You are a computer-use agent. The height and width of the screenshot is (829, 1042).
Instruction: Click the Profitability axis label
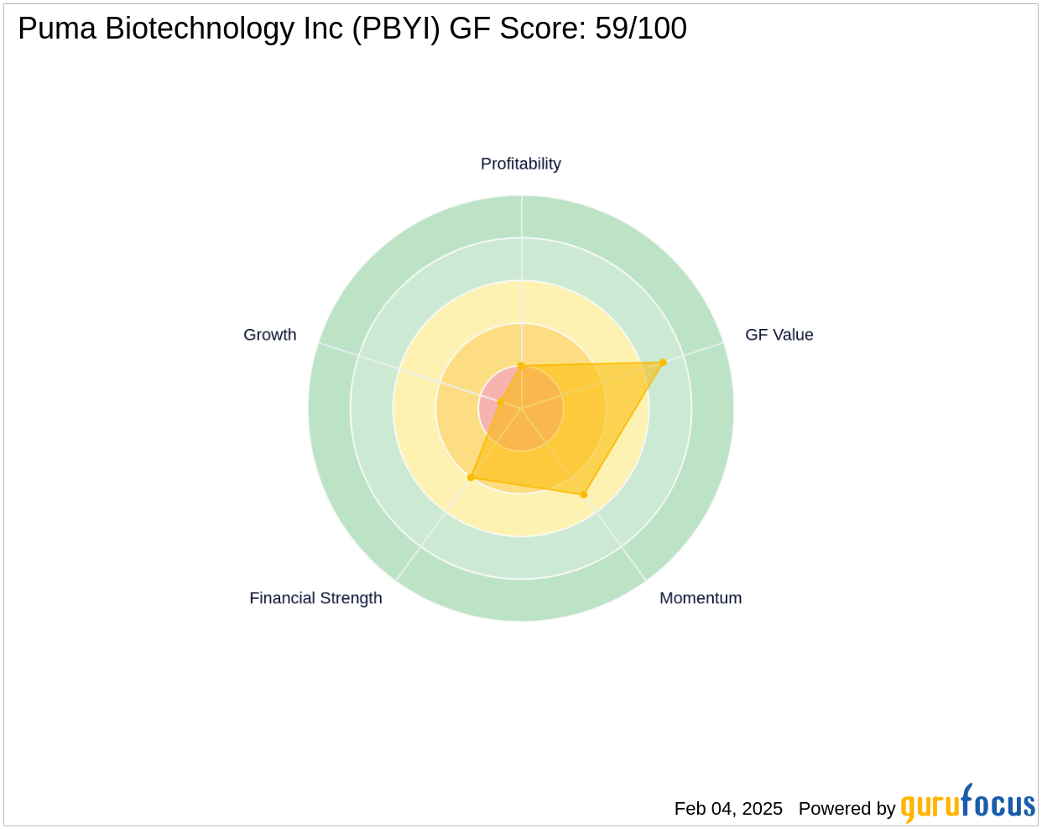pyautogui.click(x=520, y=164)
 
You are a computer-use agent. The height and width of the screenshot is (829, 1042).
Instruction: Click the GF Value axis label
pyautogui.click(x=779, y=335)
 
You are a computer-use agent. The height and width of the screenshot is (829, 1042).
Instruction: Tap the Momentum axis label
pyautogui.click(x=701, y=598)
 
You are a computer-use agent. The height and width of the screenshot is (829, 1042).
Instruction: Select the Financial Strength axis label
pyautogui.click(x=315, y=598)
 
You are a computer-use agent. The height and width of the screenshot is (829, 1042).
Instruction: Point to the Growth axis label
pyautogui.click(x=269, y=335)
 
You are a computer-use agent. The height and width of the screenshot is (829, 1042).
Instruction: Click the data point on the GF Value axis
pyautogui.click(x=663, y=362)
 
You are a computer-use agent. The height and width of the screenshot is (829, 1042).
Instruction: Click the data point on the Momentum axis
pyautogui.click(x=584, y=494)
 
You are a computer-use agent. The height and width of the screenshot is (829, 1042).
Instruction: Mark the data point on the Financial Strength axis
pyautogui.click(x=471, y=477)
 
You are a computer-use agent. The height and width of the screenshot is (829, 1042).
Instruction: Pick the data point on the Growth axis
pyautogui.click(x=501, y=402)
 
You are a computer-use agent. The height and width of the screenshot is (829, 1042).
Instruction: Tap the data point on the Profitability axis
pyautogui.click(x=521, y=366)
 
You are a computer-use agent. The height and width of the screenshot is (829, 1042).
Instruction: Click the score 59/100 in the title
pyautogui.click(x=641, y=29)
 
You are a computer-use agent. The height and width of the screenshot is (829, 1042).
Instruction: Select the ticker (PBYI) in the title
pyautogui.click(x=397, y=29)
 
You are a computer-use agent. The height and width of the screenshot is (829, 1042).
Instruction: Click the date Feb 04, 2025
pyautogui.click(x=728, y=808)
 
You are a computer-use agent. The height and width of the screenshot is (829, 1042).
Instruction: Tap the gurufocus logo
pyautogui.click(x=967, y=805)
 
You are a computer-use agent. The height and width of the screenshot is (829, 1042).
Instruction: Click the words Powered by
pyautogui.click(x=847, y=808)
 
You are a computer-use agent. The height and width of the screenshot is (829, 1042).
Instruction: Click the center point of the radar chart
pyautogui.click(x=521, y=409)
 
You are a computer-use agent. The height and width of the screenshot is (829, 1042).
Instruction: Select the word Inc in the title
pyautogui.click(x=327, y=29)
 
